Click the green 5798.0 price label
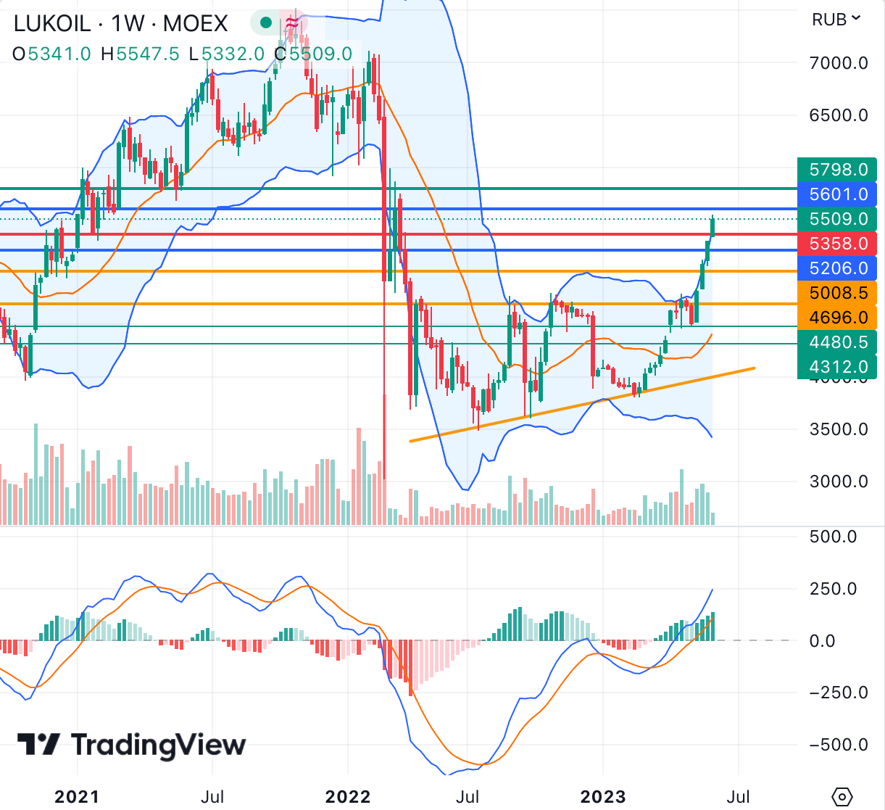click(x=837, y=170)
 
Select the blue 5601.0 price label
click(x=837, y=194)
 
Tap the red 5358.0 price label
click(x=837, y=244)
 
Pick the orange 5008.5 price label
click(x=837, y=293)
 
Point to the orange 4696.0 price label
click(x=837, y=318)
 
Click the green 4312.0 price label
click(x=837, y=367)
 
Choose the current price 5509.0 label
click(x=837, y=219)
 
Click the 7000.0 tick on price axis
click(x=839, y=63)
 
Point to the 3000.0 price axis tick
click(x=839, y=482)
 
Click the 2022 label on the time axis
click(x=348, y=797)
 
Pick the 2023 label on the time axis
click(x=603, y=797)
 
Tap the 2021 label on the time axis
click(x=77, y=797)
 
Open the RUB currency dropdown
click(x=836, y=20)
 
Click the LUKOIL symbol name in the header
click(x=52, y=24)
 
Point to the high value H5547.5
click(x=140, y=54)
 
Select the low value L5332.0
click(x=226, y=54)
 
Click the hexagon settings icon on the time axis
click(x=842, y=796)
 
